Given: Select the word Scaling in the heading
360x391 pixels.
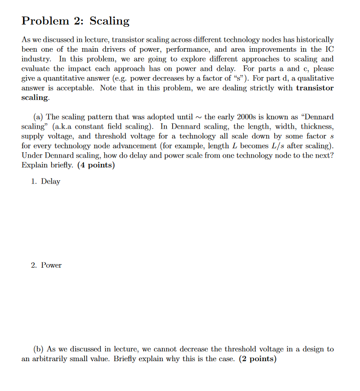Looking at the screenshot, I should tap(109, 21).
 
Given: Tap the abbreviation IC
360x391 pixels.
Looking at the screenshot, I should tap(329, 49).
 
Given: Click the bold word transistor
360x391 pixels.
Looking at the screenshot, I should tap(314, 88).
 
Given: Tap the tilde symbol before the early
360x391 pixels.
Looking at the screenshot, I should tap(198, 117).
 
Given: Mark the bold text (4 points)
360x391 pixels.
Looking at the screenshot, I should tap(96, 165).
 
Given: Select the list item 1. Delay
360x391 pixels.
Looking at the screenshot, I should tap(45, 181).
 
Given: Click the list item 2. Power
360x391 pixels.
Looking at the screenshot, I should tap(46, 265).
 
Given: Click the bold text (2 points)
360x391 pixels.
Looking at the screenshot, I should tap(258, 358).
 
